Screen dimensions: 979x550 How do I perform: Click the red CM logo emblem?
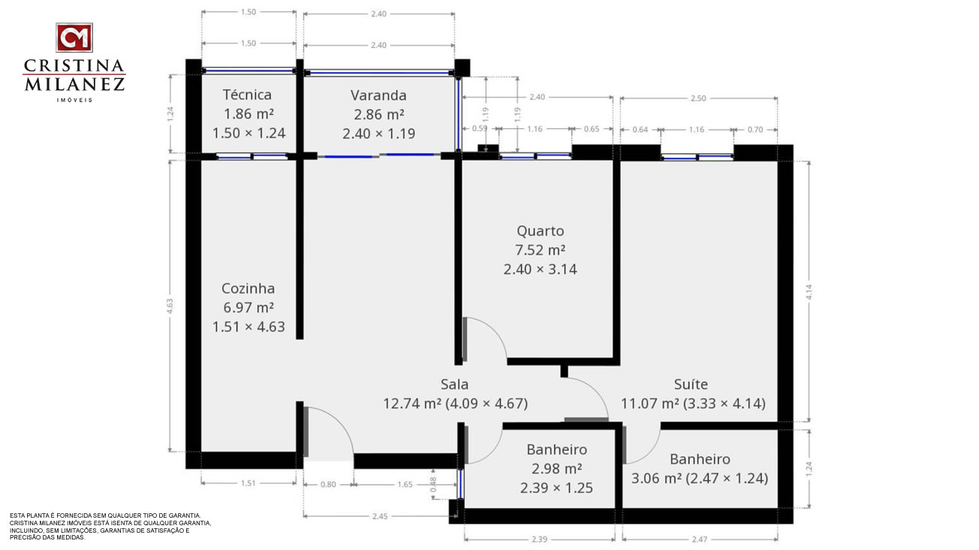click(x=74, y=38)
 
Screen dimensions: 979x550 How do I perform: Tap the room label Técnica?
click(x=247, y=95)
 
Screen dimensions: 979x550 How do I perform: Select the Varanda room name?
click(x=378, y=95)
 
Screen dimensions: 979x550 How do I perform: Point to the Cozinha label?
click(x=248, y=289)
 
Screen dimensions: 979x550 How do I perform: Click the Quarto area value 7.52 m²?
click(x=541, y=250)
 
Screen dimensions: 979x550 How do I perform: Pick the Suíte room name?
click(x=691, y=384)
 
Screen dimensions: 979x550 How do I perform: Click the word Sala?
click(x=454, y=384)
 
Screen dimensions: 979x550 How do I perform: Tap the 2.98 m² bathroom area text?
click(x=556, y=469)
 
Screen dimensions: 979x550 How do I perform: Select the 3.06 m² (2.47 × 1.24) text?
click(x=699, y=478)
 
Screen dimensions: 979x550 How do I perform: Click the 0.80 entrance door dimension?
click(x=328, y=485)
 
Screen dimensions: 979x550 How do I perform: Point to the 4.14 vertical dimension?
click(x=809, y=292)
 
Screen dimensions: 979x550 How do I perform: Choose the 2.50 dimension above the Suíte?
click(x=698, y=98)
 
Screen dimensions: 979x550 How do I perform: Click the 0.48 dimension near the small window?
click(x=433, y=485)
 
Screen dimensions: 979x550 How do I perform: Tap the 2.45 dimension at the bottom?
click(x=380, y=516)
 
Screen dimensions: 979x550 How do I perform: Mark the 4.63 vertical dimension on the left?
click(x=170, y=306)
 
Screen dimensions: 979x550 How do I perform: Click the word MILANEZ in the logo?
click(x=74, y=84)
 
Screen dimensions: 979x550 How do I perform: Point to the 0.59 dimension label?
click(x=480, y=128)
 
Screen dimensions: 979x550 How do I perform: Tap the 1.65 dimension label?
click(x=405, y=485)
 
